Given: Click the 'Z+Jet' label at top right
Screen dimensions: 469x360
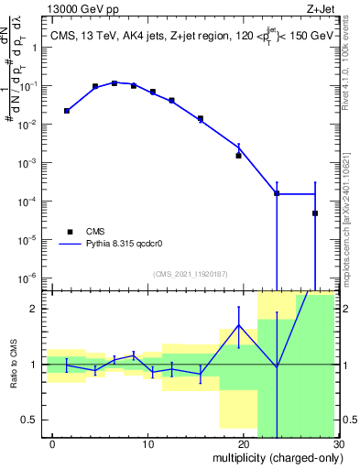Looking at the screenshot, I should tap(322, 9).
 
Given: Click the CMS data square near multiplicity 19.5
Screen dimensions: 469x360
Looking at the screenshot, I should tap(238, 156).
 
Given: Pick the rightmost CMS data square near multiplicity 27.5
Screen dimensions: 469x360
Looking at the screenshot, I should tap(315, 213).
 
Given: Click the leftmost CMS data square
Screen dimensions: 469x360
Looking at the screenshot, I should tap(66, 111).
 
